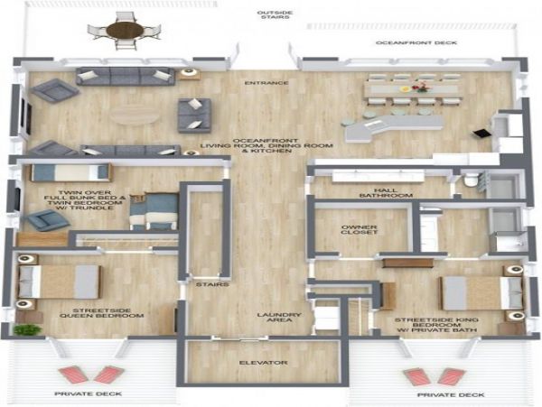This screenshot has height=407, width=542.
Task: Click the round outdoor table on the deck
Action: pyautogui.click(x=125, y=31)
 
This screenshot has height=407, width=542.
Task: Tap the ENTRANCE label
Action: pyautogui.click(x=266, y=83)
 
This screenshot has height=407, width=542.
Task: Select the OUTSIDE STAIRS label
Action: pyautogui.click(x=275, y=14)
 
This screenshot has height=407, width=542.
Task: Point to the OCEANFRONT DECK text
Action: pyautogui.click(x=416, y=42)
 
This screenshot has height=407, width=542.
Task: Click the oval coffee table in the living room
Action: pyautogui.click(x=134, y=115)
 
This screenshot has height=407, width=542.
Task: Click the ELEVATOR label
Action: pyautogui.click(x=264, y=363)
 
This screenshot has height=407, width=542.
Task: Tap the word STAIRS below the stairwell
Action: pyautogui.click(x=212, y=284)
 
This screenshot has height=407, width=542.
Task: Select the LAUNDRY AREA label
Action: pyautogui.click(x=279, y=318)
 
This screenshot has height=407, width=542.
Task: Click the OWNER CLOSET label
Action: pyautogui.click(x=359, y=230)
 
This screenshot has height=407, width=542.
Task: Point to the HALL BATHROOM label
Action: pyautogui.click(x=386, y=192)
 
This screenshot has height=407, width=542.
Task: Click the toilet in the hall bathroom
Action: pyautogui.click(x=471, y=180)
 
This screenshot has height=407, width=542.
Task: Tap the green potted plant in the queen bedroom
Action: pyautogui.click(x=28, y=329)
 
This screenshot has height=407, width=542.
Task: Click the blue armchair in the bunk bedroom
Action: pyautogui.click(x=46, y=219)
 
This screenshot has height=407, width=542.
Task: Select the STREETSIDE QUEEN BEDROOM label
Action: pyautogui.click(x=101, y=313)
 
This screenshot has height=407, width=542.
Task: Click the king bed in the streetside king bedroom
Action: pyautogui.click(x=481, y=293)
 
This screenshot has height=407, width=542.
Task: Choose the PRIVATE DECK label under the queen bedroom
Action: pyautogui.click(x=89, y=393)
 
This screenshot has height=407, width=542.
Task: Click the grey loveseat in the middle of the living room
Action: pyautogui.click(x=194, y=116)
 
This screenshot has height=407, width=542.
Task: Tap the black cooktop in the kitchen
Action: pyautogui.click(x=481, y=134)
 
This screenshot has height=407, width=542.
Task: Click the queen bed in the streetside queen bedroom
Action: pyautogui.click(x=59, y=282)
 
